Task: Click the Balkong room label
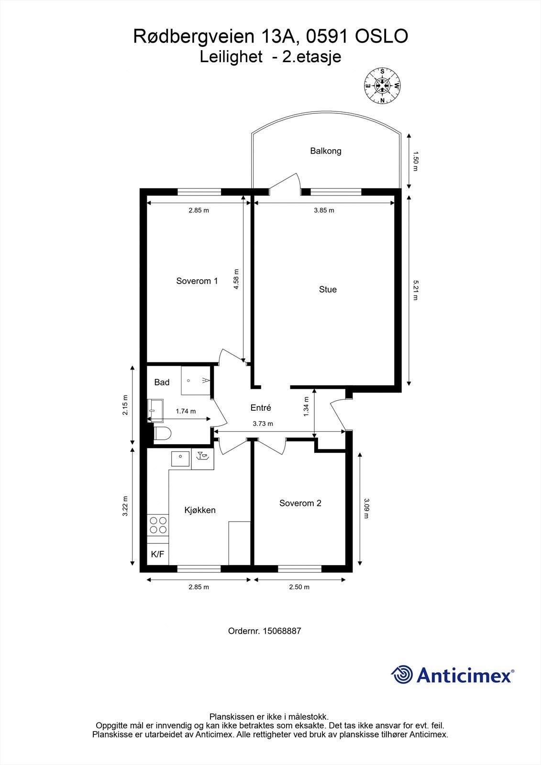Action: (x=325, y=151)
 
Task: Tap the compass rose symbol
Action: (x=382, y=86)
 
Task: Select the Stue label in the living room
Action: (x=328, y=289)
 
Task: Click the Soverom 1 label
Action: (x=197, y=281)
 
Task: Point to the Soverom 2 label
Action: (x=300, y=503)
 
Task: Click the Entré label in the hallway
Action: (x=261, y=408)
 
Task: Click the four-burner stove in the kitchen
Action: (x=158, y=525)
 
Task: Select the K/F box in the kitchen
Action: (x=157, y=555)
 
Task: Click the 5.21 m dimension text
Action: (x=415, y=290)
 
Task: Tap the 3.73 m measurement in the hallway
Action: (x=263, y=424)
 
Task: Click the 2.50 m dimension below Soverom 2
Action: (x=299, y=587)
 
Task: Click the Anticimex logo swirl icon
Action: (x=402, y=675)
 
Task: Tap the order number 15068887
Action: (x=282, y=631)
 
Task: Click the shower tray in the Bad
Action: (x=196, y=381)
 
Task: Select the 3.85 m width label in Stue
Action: (x=324, y=210)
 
